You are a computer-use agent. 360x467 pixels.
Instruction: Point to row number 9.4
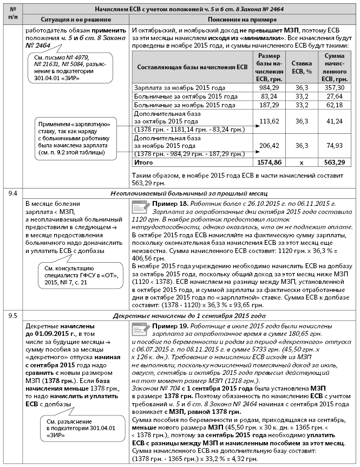12,193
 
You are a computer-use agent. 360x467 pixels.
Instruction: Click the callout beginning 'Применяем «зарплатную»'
76,133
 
